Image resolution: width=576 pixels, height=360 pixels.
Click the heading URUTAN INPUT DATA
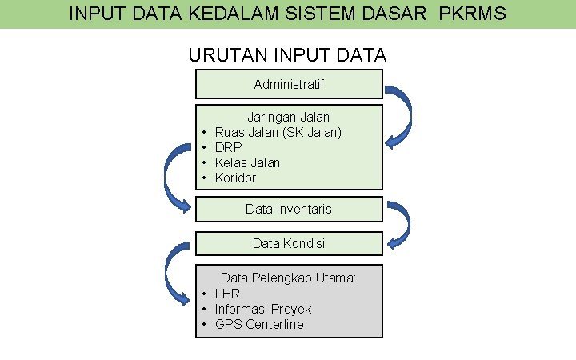(x=287, y=55)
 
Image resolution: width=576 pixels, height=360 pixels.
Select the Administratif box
(x=289, y=84)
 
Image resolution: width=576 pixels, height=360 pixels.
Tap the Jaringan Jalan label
(x=288, y=117)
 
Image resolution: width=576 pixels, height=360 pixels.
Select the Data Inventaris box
(x=289, y=209)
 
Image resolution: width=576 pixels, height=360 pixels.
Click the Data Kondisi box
(x=289, y=242)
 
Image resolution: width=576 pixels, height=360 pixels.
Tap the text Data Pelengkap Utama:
(x=288, y=278)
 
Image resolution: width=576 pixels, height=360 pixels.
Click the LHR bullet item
(x=227, y=294)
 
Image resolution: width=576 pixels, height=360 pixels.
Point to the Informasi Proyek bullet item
(x=263, y=309)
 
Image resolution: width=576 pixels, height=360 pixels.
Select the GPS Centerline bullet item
(x=259, y=324)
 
